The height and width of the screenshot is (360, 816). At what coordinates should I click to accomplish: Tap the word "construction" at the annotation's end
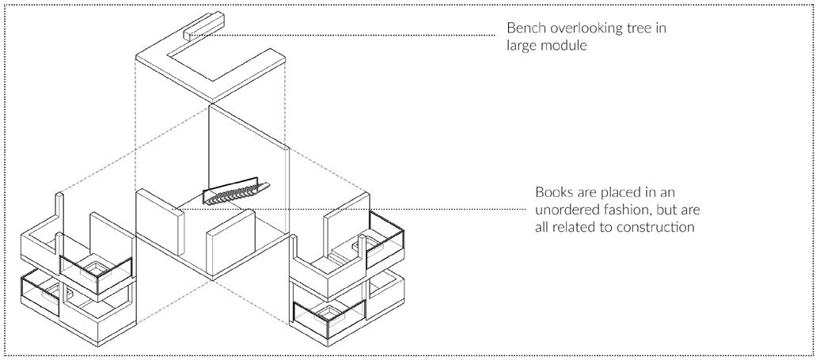(x=658, y=227)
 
